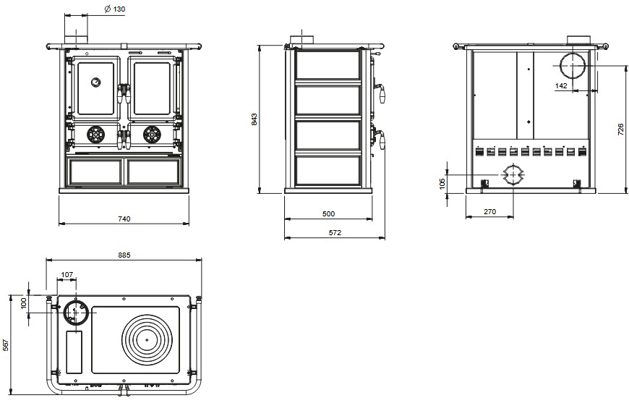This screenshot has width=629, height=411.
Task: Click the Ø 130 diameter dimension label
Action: [114, 9]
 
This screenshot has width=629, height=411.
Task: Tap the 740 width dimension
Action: [124, 219]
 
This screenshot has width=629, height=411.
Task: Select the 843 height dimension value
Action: [254, 119]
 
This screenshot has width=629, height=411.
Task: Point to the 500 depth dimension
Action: [328, 214]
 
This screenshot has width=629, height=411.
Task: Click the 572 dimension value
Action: [335, 232]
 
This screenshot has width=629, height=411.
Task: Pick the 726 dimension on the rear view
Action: [620, 130]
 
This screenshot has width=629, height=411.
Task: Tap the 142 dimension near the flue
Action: [561, 85]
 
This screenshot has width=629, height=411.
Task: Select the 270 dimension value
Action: [489, 211]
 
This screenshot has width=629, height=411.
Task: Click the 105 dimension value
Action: [442, 184]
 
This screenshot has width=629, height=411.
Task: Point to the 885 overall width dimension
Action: [124, 255]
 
